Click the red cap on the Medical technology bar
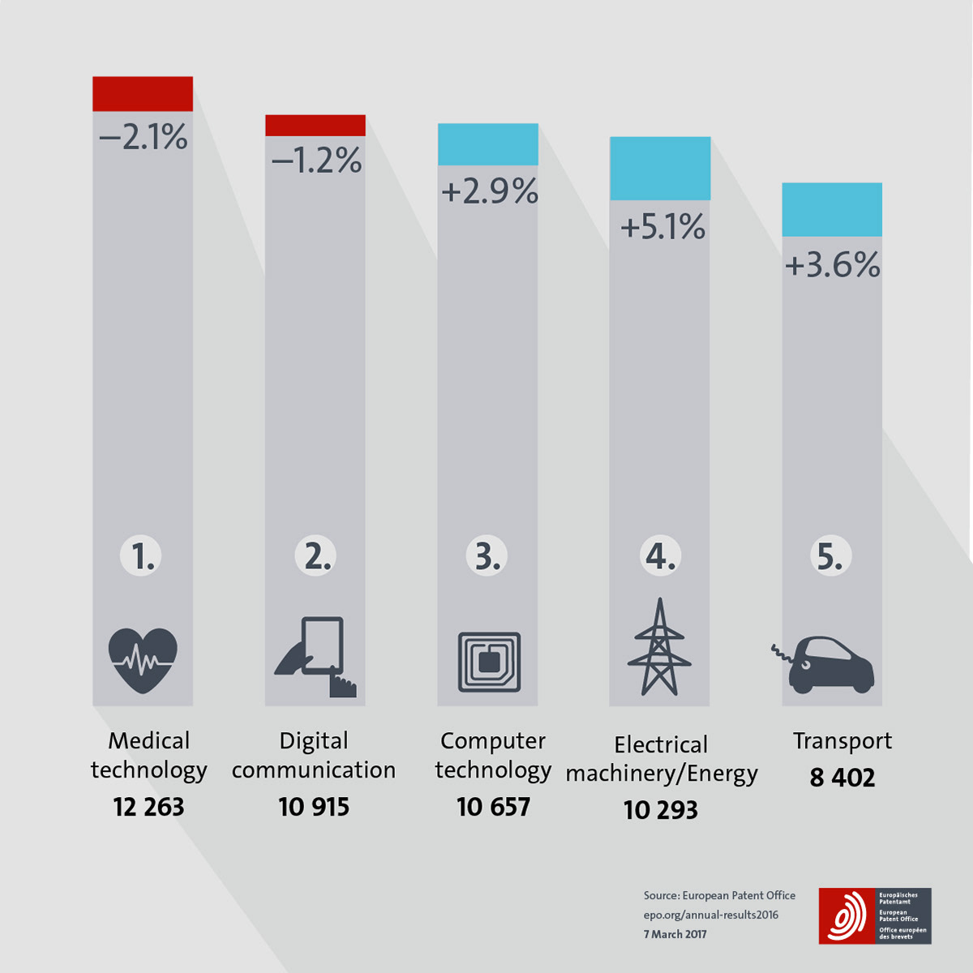click(x=143, y=94)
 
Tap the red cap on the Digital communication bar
click(x=315, y=126)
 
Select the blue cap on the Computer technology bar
click(x=488, y=144)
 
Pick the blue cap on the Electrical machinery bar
click(x=660, y=169)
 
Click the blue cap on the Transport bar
click(x=832, y=210)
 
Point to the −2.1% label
click(x=143, y=137)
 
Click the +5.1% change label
click(x=662, y=227)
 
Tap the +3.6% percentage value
click(x=832, y=265)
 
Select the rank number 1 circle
click(x=142, y=557)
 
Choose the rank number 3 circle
click(x=486, y=556)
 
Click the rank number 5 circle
click(x=830, y=557)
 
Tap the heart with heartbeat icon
click(x=143, y=660)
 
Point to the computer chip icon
click(x=489, y=662)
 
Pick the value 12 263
click(x=148, y=807)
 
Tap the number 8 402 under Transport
click(x=842, y=778)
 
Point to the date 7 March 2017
click(x=675, y=934)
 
